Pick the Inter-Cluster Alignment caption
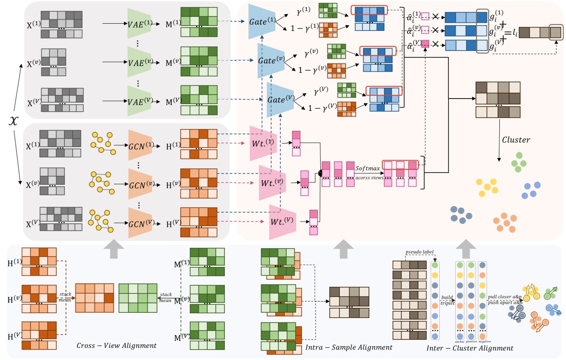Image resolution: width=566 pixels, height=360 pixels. tap(470, 348)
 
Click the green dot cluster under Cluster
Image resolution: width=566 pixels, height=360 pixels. tap(518, 160)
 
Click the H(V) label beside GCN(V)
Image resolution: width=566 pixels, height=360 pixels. tap(168, 223)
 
